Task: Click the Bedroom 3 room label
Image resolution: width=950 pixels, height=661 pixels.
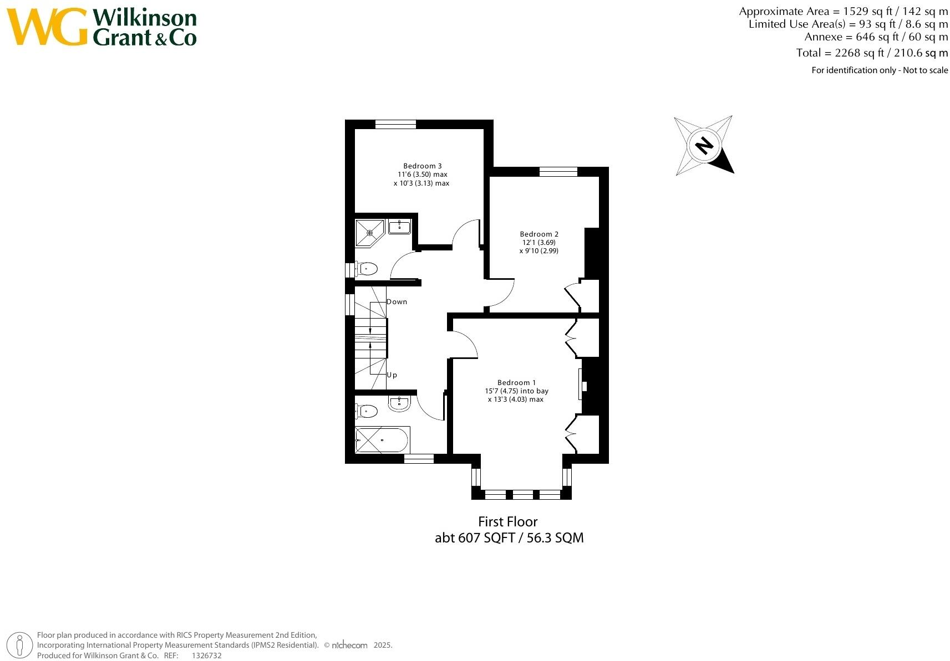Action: (422, 166)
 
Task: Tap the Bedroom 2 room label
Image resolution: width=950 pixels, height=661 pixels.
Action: (538, 234)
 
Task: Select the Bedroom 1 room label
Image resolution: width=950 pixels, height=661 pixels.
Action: (516, 382)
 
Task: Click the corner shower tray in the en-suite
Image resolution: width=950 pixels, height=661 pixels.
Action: (369, 233)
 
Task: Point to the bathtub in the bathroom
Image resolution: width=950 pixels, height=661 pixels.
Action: (382, 440)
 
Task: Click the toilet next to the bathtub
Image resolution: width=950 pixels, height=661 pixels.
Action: (367, 411)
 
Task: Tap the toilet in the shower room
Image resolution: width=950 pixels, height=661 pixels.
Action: (367, 270)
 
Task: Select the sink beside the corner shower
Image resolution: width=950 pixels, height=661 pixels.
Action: (399, 227)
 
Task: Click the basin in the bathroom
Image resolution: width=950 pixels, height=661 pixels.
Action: (399, 404)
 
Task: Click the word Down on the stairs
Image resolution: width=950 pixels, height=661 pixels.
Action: (397, 302)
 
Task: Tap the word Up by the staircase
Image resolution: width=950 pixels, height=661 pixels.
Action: (392, 375)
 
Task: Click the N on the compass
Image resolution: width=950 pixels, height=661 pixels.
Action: (704, 146)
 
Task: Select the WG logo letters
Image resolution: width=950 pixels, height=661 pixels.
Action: (47, 27)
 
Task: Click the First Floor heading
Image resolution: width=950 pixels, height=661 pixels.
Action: (508, 521)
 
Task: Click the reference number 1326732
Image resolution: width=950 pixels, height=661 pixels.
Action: (206, 655)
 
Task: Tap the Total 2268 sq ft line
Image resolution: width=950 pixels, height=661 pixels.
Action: (872, 53)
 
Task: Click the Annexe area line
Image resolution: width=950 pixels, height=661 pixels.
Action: (876, 37)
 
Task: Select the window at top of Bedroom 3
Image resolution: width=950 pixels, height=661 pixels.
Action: (395, 124)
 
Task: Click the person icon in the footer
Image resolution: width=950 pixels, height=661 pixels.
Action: (21, 644)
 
